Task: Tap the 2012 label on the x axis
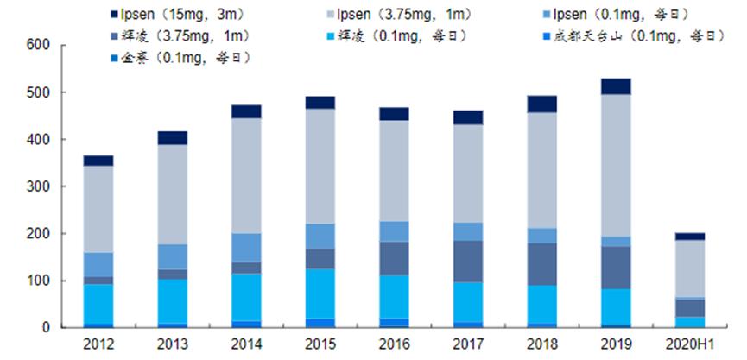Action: (98, 344)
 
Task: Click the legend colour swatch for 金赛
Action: (115, 58)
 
